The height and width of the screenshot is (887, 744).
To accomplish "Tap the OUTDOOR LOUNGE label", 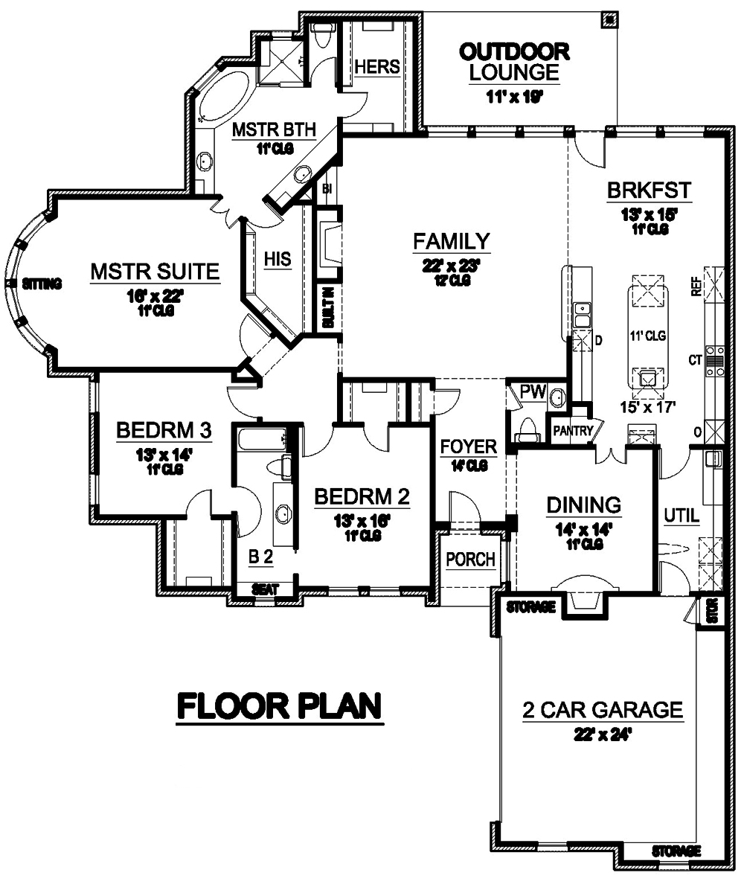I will [514, 62].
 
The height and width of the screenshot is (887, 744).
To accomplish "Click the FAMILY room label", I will [452, 241].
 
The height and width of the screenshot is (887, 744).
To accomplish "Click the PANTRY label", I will [572, 431].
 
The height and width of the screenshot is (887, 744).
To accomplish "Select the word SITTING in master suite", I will [41, 284].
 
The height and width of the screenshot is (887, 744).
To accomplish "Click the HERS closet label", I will [376, 66].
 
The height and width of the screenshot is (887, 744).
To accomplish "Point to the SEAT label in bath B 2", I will [266, 589].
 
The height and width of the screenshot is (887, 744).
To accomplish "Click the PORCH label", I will [471, 559].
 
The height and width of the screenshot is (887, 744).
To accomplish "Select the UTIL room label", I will [682, 514].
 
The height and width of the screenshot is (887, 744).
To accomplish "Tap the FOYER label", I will [468, 446].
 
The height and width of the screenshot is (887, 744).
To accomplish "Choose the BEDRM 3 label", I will [164, 431].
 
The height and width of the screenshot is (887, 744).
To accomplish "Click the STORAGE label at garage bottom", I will [676, 850].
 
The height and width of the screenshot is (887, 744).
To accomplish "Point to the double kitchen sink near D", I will [582, 314].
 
